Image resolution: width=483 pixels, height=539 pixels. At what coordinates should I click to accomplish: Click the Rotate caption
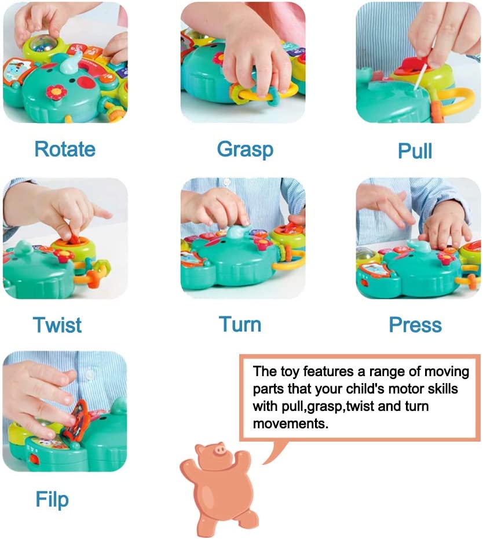click(65, 149)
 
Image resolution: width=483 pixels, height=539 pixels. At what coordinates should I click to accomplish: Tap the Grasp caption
click(244, 149)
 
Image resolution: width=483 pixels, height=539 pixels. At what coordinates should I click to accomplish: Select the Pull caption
click(415, 151)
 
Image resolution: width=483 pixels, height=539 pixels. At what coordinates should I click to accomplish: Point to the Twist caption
click(57, 325)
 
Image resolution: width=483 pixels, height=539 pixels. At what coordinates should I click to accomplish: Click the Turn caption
click(240, 324)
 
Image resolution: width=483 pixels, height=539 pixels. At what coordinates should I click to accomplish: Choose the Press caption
click(415, 325)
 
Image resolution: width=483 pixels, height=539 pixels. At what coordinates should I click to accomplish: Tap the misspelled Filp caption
click(52, 499)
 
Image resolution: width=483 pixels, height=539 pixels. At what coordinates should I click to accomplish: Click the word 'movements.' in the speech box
click(290, 424)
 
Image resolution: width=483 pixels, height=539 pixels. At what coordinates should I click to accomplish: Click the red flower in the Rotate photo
click(57, 92)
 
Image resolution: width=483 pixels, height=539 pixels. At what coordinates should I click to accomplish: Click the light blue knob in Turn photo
click(238, 232)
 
